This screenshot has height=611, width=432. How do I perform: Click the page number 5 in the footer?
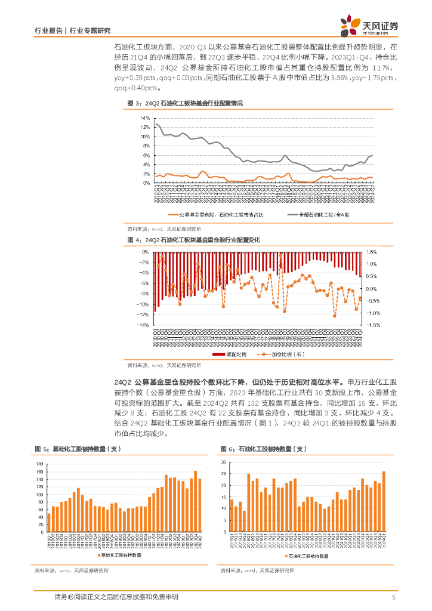tap(393, 597)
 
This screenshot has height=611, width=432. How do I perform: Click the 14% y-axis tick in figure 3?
tap(144, 118)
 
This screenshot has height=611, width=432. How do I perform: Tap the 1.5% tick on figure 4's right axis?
tap(372, 252)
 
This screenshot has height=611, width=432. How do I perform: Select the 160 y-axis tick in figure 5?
tap(39, 471)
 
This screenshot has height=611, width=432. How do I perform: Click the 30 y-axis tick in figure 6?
tap(221, 462)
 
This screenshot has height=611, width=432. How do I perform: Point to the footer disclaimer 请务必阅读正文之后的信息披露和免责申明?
tap(116, 597)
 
